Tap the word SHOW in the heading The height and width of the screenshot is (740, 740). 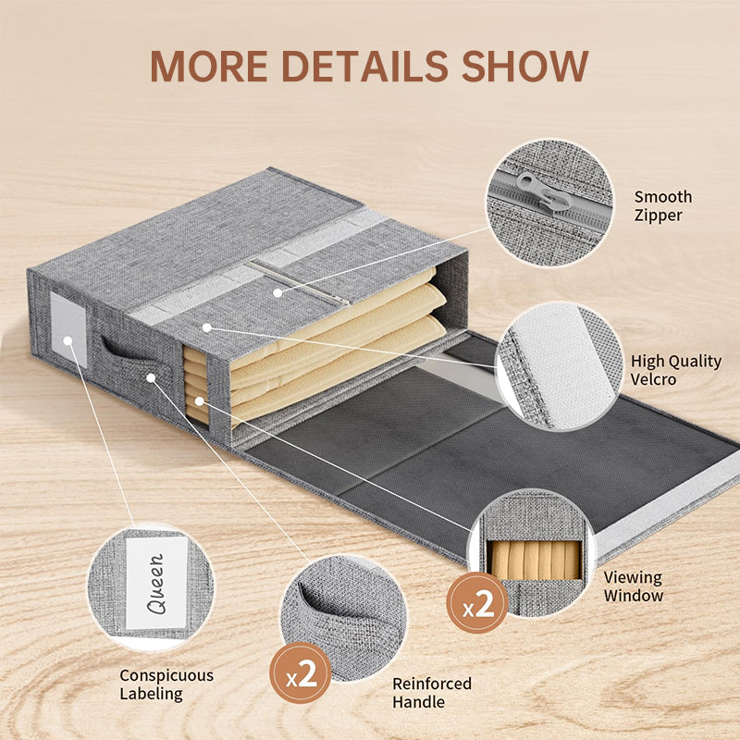tap(525, 66)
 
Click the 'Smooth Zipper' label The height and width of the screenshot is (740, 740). tap(662, 206)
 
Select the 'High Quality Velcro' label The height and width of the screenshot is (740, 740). tap(676, 370)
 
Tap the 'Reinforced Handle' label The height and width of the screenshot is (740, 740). tap(432, 693)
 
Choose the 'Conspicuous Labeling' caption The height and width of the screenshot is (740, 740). tap(166, 684)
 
